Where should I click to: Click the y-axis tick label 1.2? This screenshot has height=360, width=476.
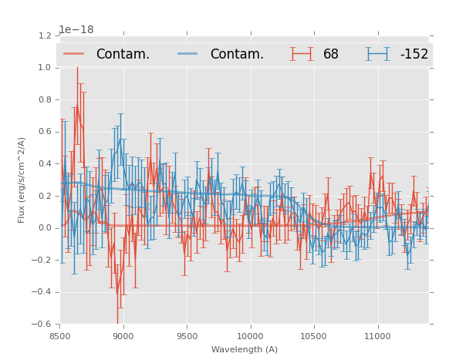pos(45,35)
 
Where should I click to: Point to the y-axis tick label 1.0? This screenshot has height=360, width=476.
pos(45,68)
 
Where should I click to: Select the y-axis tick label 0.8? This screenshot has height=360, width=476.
pos(45,100)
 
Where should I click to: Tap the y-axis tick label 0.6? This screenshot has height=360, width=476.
pos(45,132)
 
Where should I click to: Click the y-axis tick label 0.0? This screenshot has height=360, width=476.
pos(45,228)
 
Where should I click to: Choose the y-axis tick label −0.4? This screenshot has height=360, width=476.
pos(42,292)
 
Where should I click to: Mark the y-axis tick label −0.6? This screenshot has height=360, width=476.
pos(42,325)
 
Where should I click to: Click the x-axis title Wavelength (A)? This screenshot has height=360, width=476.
pos(245,350)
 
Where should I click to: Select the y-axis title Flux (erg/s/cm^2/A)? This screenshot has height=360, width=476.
pos(22,180)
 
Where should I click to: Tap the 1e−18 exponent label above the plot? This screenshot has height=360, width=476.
pos(76,30)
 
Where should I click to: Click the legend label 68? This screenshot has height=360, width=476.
pos(331,55)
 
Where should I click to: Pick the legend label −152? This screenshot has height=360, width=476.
pos(414,55)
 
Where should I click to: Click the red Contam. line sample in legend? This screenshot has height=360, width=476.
pos(75,54)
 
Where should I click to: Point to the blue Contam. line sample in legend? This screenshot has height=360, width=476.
pos(188,54)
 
